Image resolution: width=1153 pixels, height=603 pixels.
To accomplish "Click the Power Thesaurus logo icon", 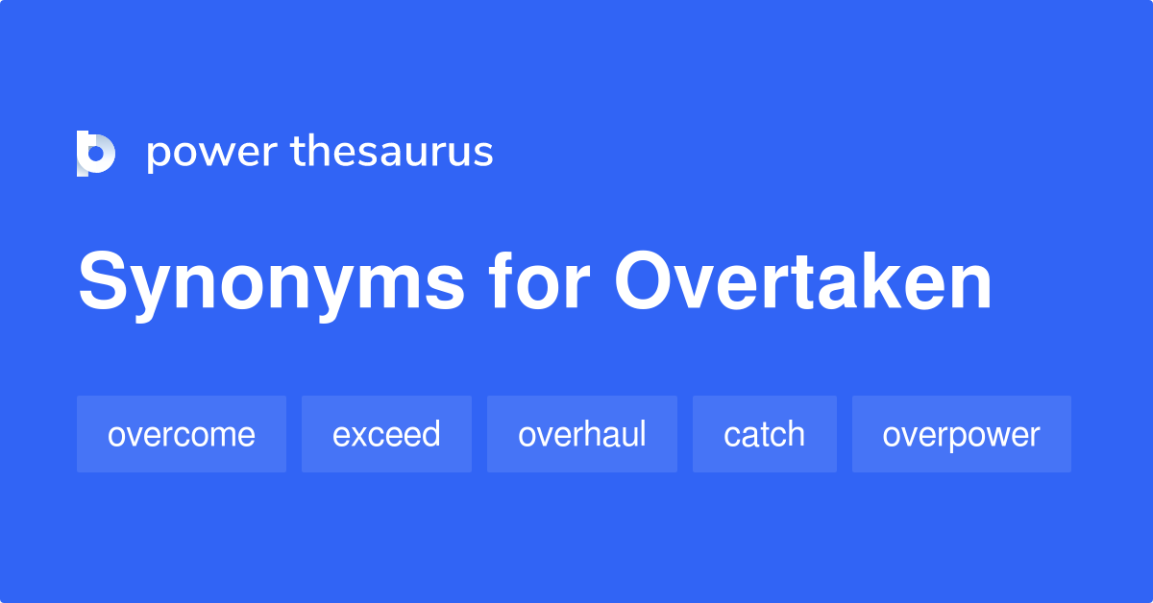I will [96, 154].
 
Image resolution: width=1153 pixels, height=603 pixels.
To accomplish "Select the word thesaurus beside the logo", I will [392, 152].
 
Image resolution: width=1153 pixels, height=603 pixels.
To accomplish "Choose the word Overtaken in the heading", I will [803, 282].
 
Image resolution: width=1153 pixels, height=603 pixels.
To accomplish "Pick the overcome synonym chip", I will [182, 434].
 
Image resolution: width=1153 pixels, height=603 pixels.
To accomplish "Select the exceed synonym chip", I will [386, 434].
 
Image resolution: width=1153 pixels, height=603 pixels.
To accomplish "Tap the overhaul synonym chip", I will [582, 434].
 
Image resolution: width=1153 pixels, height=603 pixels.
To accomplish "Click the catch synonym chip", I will [764, 434].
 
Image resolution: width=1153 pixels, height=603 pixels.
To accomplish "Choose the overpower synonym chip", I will [961, 434].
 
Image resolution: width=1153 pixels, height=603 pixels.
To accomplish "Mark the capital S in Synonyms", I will [103, 282].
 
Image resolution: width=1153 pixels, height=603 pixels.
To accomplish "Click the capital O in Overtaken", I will [646, 282].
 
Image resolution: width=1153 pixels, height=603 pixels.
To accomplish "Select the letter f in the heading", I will [502, 282].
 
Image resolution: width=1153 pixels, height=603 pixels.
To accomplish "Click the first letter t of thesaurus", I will [296, 152].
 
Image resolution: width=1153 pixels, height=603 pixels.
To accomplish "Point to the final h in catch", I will [796, 434].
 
